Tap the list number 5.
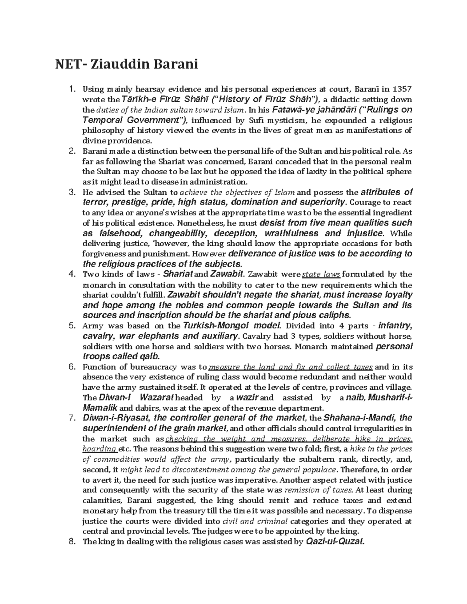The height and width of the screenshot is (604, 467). [x=71, y=326]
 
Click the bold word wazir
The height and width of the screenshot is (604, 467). [x=248, y=397]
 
